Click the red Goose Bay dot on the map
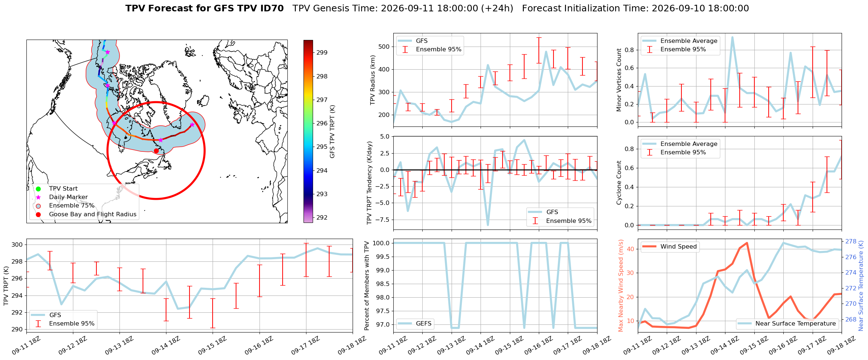tap(156, 151)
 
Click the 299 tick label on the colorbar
tap(322, 52)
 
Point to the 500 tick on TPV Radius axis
tap(384, 47)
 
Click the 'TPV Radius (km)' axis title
tap(373, 80)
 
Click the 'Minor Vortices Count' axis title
tap(619, 80)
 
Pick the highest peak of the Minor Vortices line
tap(732, 37)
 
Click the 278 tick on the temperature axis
tap(851, 242)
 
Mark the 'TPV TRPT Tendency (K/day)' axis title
tap(369, 183)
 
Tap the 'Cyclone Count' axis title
tap(619, 183)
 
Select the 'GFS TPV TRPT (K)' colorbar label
tap(332, 132)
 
